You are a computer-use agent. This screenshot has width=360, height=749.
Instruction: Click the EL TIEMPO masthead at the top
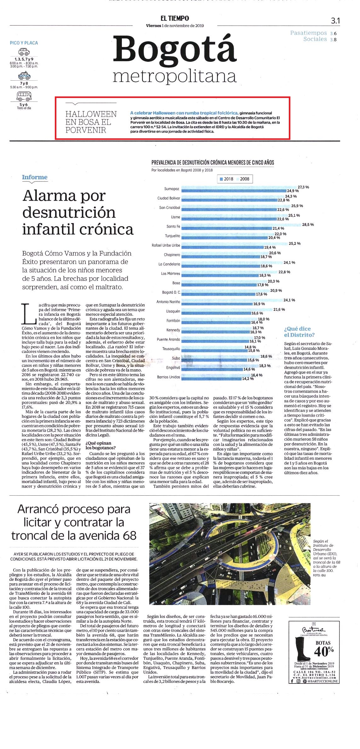coord(174,19)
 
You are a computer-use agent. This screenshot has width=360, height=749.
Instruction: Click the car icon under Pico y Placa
coord(24,52)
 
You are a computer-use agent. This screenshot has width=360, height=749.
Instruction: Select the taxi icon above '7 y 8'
coord(24,76)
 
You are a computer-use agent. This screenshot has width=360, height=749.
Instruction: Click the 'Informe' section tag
coord(35,177)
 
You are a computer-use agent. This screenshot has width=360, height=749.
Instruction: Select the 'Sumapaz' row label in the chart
coord(172,189)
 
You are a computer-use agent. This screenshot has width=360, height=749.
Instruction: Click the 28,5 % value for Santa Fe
coord(308,225)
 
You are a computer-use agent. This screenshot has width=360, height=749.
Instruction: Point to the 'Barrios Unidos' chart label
coord(169,377)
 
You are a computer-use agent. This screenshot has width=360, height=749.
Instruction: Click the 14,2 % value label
coord(248,379)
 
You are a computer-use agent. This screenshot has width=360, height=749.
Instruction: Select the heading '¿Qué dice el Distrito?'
coord(299,332)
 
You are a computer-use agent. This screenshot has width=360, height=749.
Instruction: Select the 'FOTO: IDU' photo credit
coord(319,575)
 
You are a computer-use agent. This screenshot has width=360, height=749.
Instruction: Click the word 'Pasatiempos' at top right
coord(309,33)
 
